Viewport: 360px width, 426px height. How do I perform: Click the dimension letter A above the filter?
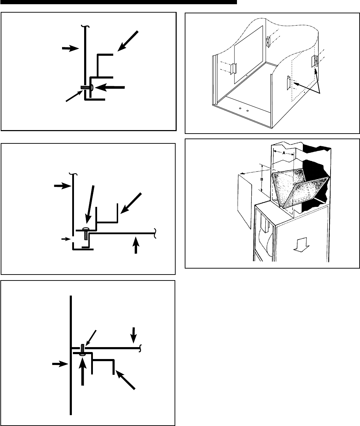[x=283, y=153]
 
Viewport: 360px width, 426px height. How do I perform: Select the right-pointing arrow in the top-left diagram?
[x=70, y=48]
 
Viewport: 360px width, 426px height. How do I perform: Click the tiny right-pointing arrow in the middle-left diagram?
[x=65, y=239]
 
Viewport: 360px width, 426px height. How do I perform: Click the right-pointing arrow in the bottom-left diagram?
[x=60, y=364]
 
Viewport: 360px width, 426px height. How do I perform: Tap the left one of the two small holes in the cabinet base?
[x=240, y=108]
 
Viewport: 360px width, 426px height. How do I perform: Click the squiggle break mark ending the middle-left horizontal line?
[x=155, y=232]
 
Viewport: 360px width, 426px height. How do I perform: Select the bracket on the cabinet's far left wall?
[x=233, y=68]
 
